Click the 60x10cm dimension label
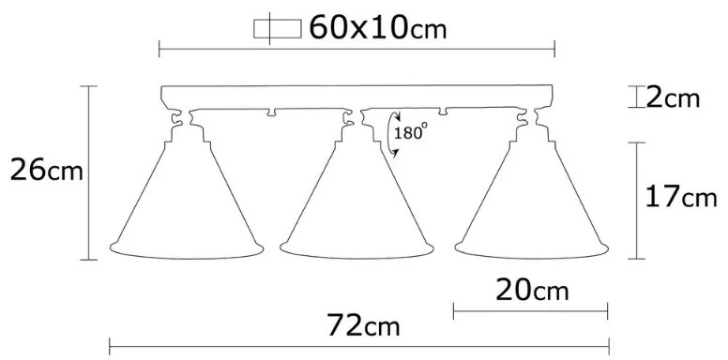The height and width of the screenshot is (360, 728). click(377, 27)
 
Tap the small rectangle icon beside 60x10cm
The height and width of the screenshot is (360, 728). click(277, 29)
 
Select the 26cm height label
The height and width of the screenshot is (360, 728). click(46, 171)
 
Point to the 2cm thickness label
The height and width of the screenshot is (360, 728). click(673, 98)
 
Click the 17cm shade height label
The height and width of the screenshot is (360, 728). click(681, 197)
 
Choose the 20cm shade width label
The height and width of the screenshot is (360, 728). click(532, 291)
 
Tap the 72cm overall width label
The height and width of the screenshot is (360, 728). click(364, 325)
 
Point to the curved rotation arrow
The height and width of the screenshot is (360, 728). click(391, 134)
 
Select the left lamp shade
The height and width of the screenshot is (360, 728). click(187, 200)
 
